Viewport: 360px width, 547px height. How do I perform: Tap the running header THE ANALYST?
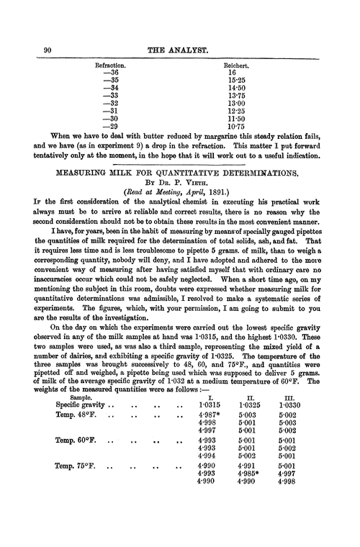[179, 49]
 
